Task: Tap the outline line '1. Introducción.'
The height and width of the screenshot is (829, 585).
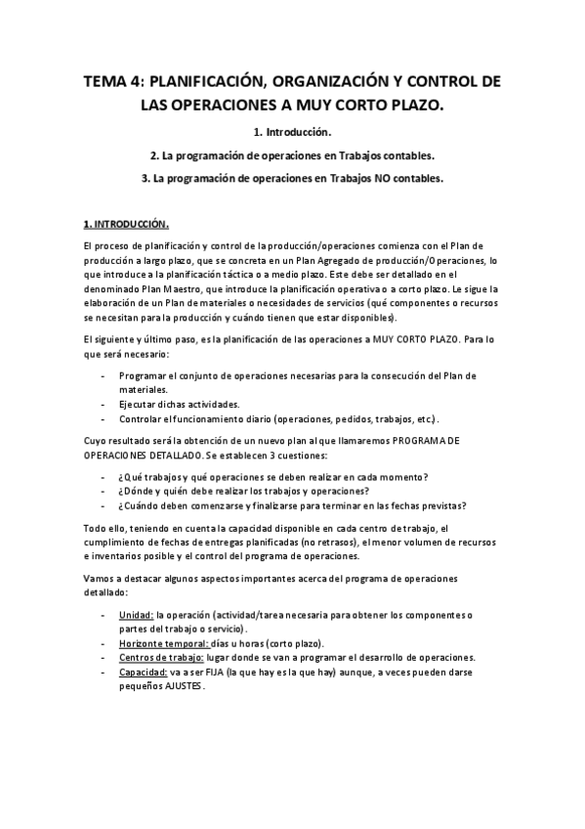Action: click(292, 131)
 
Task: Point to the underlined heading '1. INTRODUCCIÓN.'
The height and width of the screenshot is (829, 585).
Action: click(125, 223)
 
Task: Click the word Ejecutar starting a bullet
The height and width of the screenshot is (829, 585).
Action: click(140, 404)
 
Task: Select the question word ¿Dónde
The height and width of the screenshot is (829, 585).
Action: click(138, 491)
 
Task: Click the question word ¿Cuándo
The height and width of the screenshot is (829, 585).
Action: click(141, 505)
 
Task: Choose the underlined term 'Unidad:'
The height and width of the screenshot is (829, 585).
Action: click(136, 615)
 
